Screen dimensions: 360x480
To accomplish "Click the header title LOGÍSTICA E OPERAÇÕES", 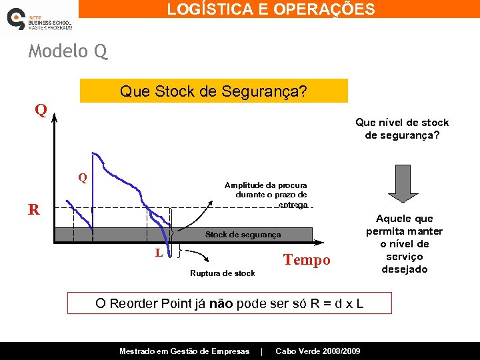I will coord(271,9).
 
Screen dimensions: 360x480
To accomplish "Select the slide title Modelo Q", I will coord(67,51).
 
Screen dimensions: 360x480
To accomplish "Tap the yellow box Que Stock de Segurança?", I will coord(213,91).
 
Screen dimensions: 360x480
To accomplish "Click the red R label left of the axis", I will coord(33,210).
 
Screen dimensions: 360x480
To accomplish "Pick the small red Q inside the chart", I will coord(82,178).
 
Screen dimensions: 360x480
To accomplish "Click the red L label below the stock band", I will coord(158,253).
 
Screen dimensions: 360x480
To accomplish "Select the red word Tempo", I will coord(306,260).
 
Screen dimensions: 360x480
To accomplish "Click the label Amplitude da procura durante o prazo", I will coord(265,195).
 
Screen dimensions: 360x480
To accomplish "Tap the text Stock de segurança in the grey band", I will coord(243,235).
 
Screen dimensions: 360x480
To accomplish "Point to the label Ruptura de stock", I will coord(222,273).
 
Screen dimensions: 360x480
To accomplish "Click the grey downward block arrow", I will coord(402,183).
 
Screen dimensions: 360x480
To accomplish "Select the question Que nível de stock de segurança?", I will coord(402,129).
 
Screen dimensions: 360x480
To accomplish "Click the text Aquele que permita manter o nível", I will coord(404,244).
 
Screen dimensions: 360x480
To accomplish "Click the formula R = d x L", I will coord(332,303).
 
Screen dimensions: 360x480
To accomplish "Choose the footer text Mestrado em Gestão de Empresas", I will coord(184,351).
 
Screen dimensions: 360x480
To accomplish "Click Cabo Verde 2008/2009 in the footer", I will coord(317,351).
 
